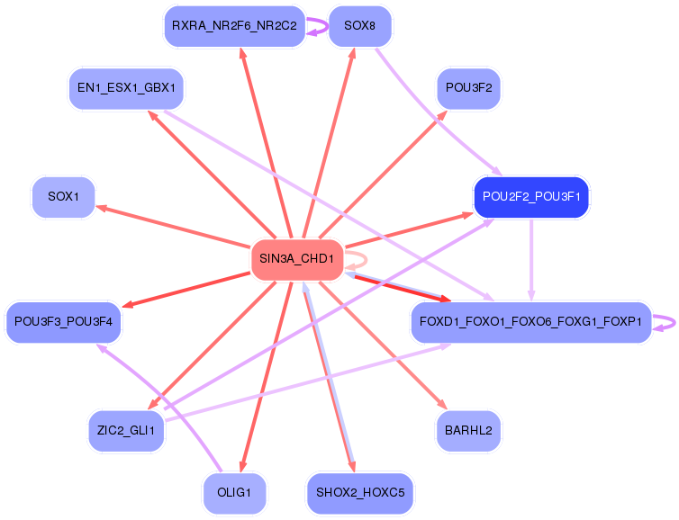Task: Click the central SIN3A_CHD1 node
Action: point(296,260)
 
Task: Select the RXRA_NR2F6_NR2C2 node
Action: point(234,25)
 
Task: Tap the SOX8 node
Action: point(359,25)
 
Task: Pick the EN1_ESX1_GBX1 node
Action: point(126,88)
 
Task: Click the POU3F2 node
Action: point(468,88)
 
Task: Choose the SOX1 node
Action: point(63,197)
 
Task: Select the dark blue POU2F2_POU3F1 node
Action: point(531,197)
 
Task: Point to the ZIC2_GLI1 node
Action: point(126,430)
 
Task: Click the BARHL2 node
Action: point(468,430)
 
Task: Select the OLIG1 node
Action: point(234,493)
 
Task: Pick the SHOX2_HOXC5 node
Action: point(359,493)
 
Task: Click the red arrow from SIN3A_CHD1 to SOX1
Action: point(171,228)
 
